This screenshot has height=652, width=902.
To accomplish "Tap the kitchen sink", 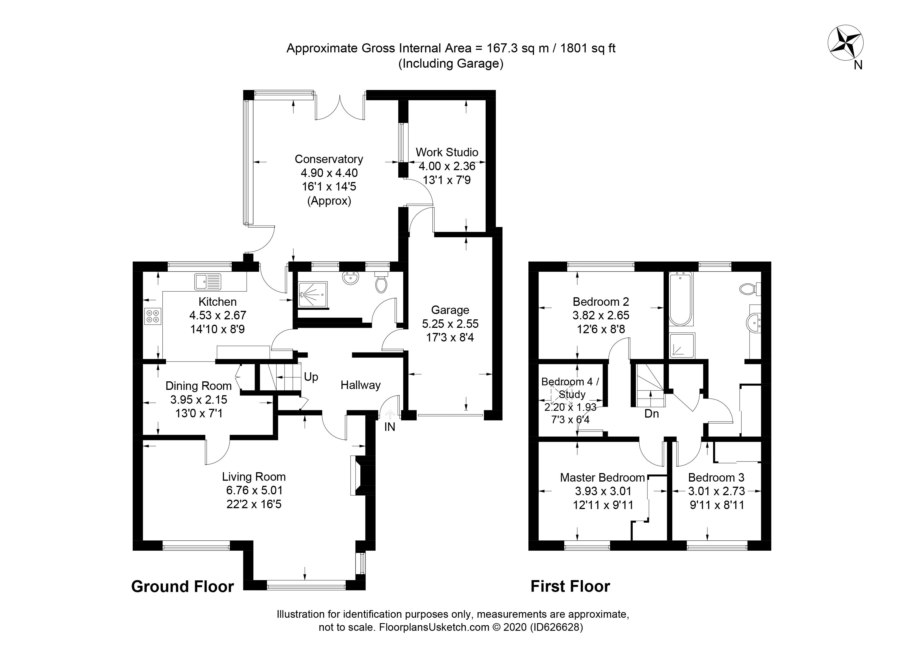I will [x=207, y=281].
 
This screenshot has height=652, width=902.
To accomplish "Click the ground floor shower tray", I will [x=313, y=295].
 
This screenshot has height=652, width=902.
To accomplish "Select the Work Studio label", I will [x=447, y=152].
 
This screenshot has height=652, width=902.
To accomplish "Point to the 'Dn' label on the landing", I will [x=651, y=414].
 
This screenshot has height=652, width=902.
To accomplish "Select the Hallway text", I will [x=360, y=385].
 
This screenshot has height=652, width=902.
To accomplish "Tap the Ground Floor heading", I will [x=182, y=587].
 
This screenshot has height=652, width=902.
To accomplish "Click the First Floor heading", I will [x=570, y=586].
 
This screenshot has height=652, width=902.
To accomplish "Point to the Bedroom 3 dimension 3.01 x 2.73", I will [x=716, y=491].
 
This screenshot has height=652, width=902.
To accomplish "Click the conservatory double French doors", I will [x=340, y=108].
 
